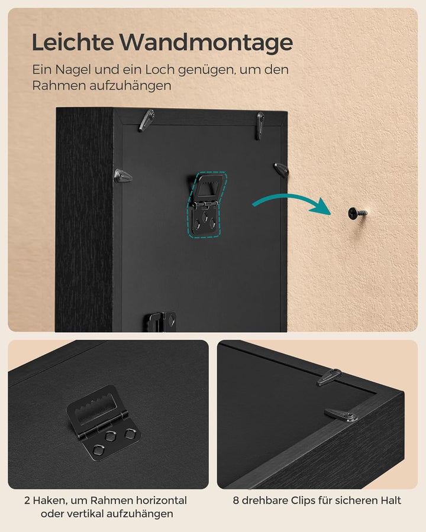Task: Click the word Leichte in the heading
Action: [72, 43]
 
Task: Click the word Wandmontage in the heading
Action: [206, 43]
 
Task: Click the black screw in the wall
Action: [356, 212]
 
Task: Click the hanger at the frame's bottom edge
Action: [160, 323]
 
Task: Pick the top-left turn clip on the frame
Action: [146, 121]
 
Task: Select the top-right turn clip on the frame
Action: [259, 125]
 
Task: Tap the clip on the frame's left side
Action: [122, 176]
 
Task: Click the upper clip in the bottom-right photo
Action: [329, 377]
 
